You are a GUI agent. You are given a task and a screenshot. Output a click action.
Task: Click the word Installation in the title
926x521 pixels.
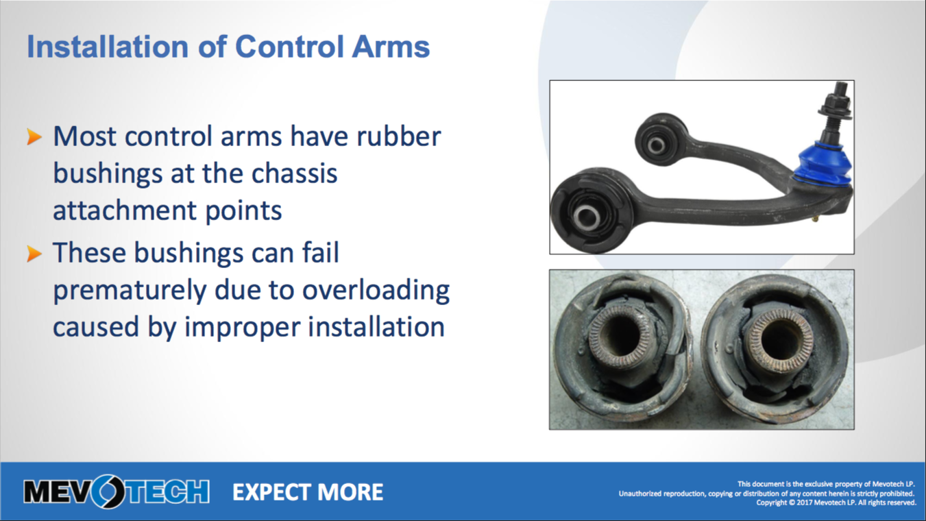tap(108, 47)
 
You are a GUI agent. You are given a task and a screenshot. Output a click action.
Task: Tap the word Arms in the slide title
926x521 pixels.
tap(391, 47)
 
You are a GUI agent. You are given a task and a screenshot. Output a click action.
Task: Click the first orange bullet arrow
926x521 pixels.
tap(34, 137)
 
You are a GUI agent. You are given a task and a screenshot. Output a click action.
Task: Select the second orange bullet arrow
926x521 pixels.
tap(34, 254)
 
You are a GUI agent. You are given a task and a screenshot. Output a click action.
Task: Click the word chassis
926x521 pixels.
tap(294, 173)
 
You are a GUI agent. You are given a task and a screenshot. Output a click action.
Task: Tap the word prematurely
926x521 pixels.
tap(130, 291)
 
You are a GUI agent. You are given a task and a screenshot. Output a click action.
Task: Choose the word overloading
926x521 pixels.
tap(376, 291)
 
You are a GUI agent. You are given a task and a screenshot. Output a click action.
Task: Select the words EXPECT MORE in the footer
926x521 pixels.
tap(308, 492)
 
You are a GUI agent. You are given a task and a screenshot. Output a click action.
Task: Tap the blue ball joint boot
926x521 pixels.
tap(824, 163)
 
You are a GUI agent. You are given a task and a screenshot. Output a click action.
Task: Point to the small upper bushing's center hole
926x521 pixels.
tap(656, 145)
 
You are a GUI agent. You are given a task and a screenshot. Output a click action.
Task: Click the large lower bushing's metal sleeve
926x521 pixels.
tap(586, 216)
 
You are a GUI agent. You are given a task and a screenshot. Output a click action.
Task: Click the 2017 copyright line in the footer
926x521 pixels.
tap(836, 502)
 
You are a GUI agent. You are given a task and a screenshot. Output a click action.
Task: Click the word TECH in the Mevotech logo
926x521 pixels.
tap(167, 492)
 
